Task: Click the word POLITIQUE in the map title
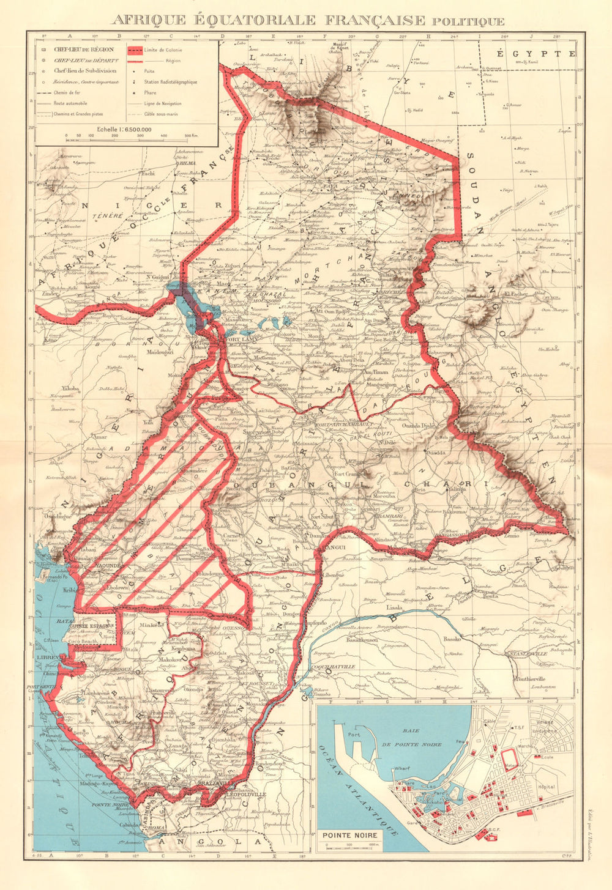[468, 21]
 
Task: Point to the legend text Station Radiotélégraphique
[171, 81]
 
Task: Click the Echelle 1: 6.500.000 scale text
[126, 129]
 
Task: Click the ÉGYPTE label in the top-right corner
[535, 54]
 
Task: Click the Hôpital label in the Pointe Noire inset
[546, 787]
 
